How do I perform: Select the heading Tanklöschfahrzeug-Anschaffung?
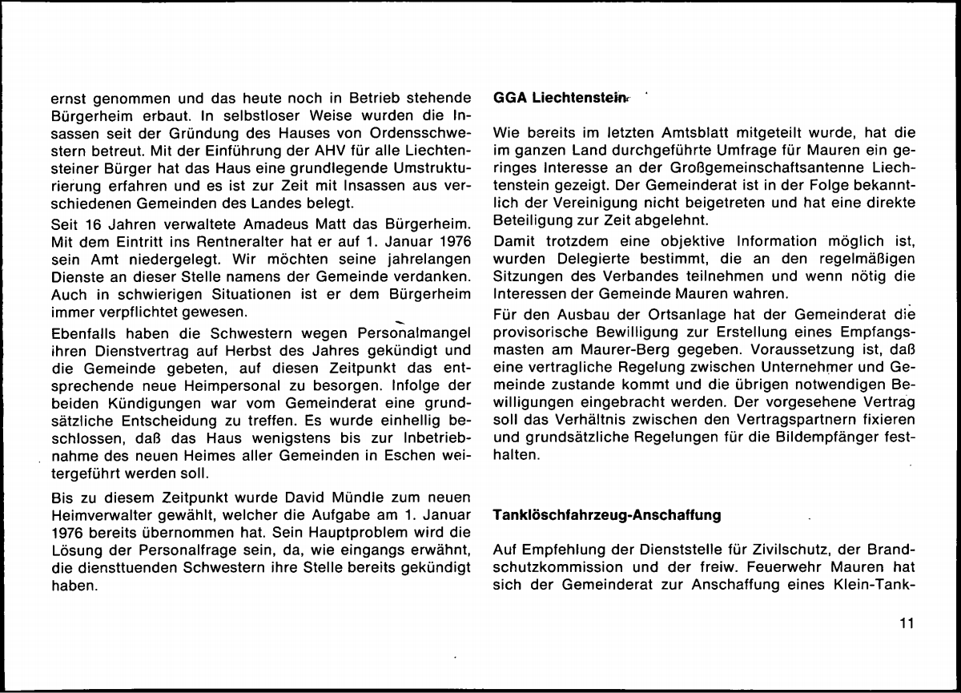click(x=608, y=516)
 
